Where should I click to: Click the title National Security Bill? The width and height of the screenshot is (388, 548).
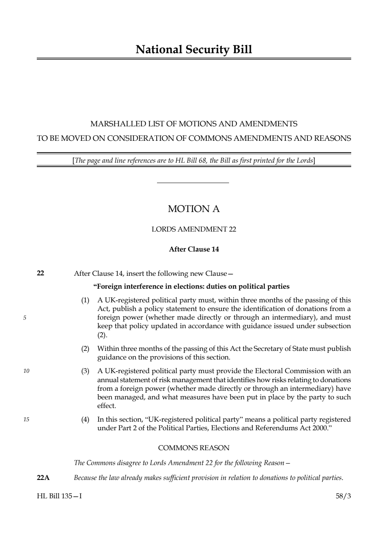point(194,50)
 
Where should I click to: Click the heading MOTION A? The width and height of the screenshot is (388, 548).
point(194,209)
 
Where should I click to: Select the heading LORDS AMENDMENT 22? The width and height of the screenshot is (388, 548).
point(194,229)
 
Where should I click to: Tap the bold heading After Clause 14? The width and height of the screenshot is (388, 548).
point(194,249)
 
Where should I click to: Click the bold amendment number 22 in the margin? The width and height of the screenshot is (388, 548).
point(40,273)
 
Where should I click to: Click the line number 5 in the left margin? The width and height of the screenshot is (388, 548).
point(25,318)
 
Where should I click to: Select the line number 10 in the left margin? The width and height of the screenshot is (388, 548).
point(26,371)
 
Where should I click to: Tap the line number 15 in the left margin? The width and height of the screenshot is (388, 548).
point(26,419)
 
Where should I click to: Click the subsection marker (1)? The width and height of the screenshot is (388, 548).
point(85,300)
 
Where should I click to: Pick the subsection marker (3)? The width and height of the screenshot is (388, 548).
point(85,371)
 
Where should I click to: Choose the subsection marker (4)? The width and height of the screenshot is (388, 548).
point(85,419)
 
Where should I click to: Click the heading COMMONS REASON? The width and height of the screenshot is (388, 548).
point(194,448)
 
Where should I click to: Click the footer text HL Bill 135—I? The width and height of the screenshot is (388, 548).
point(59,496)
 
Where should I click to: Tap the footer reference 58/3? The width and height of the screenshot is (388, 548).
point(343,496)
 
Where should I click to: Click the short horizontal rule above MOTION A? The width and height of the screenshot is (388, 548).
point(193,183)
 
